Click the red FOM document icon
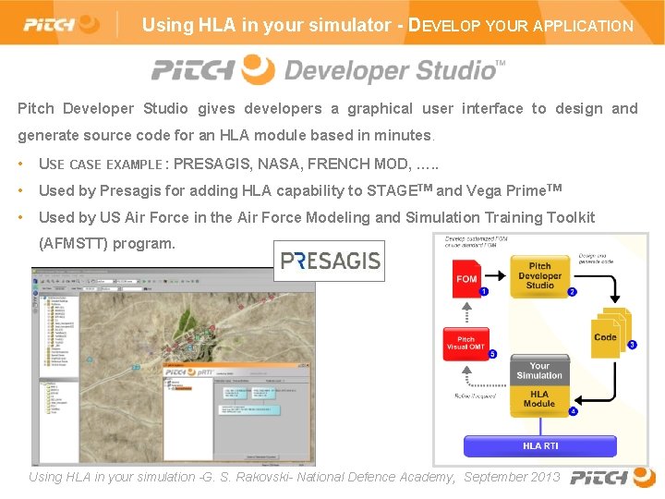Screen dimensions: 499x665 [x=467, y=279]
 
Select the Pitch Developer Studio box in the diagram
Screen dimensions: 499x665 [x=540, y=275]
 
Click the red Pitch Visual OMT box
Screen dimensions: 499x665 [x=466, y=341]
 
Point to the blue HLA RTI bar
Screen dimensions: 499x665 [x=540, y=446]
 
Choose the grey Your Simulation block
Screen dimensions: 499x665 [x=539, y=371]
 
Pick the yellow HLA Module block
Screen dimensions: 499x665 [x=539, y=398]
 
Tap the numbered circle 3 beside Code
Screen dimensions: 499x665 [x=632, y=345]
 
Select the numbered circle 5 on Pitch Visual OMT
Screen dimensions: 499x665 [x=492, y=354]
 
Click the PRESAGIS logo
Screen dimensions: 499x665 [x=330, y=261]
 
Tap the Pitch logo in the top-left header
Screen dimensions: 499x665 [x=61, y=23]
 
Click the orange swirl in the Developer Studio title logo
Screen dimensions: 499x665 [x=258, y=68]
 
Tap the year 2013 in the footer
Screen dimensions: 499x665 [x=544, y=477]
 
